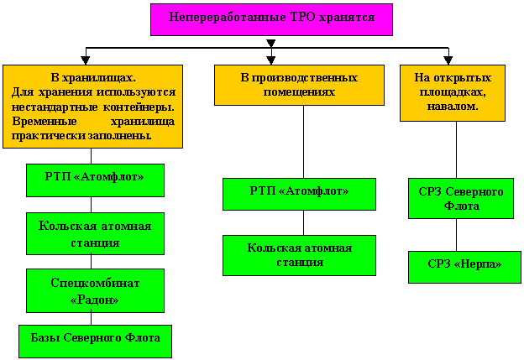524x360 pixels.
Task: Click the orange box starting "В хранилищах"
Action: (92, 107)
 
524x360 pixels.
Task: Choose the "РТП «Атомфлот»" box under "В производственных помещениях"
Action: (299, 194)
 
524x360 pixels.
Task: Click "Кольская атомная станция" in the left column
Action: (95, 233)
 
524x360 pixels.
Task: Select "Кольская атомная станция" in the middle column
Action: (299, 255)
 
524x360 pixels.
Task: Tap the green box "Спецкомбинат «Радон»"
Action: (95, 290)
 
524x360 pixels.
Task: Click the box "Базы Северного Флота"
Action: (95, 341)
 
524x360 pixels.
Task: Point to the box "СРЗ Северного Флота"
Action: (460, 198)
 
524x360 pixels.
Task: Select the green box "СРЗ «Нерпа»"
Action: (464, 266)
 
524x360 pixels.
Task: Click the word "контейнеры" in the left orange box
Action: (144, 107)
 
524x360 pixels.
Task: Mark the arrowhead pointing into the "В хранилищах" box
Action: (92, 60)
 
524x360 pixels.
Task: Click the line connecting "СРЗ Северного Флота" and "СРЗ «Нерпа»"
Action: (457, 235)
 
